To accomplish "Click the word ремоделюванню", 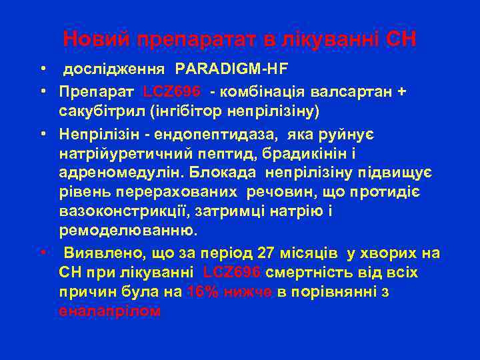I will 127,231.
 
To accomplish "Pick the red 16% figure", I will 202,291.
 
